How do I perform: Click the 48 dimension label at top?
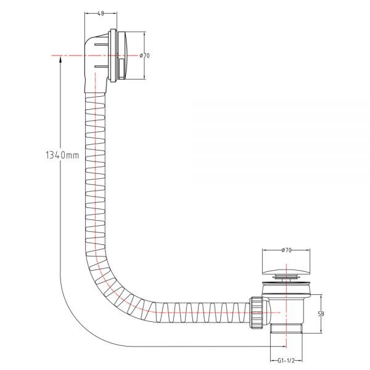(101, 14)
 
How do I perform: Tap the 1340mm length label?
(62, 155)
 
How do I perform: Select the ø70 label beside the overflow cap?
(144, 55)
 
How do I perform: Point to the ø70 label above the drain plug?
(286, 250)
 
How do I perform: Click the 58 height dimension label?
(321, 314)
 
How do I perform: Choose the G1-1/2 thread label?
(286, 361)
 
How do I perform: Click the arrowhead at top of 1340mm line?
(60, 59)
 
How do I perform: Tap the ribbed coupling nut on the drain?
(256, 313)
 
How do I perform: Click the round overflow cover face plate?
(123, 55)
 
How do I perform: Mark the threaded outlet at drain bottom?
(286, 329)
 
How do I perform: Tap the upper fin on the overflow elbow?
(102, 44)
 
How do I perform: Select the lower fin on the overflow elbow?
(102, 67)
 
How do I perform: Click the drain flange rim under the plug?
(286, 282)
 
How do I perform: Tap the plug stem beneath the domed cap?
(283, 278)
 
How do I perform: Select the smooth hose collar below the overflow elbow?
(95, 86)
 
